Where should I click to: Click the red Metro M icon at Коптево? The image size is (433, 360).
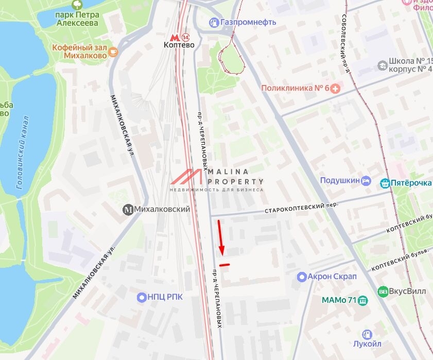[x=174, y=37]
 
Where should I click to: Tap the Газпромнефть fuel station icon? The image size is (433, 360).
[x=214, y=22]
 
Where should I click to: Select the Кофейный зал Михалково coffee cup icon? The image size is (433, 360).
[x=113, y=51]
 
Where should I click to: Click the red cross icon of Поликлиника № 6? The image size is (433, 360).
[x=336, y=88]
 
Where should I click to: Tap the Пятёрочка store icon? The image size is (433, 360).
[x=385, y=183]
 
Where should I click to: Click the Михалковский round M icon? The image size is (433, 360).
[x=128, y=210]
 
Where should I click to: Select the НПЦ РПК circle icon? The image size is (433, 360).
[x=142, y=297]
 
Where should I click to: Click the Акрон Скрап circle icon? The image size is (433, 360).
[x=301, y=277]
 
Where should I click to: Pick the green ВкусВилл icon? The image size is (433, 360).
[x=382, y=291]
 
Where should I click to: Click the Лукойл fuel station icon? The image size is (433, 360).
[x=367, y=335]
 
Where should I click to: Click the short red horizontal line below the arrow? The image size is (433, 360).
[x=224, y=265]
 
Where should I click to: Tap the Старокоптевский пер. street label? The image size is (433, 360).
[x=301, y=208]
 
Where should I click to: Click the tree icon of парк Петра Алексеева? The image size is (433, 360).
[x=77, y=6]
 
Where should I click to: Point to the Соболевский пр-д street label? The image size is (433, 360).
[x=345, y=43]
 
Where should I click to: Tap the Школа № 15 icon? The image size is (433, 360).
[x=382, y=65]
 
